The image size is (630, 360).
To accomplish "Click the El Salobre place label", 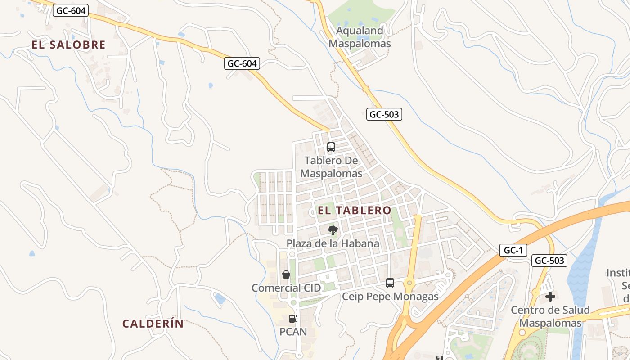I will pos(68,45).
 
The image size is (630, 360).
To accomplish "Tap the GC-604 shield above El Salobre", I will pos(70,10).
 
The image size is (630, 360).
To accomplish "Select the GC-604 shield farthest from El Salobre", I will pos(242,64).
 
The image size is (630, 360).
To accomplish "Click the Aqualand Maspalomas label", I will pos(360,37).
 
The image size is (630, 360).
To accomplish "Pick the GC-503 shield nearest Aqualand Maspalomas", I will pos(384,114).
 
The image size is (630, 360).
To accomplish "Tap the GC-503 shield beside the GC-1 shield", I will pos(549,260).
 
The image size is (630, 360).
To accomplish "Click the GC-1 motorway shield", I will pos(513,250).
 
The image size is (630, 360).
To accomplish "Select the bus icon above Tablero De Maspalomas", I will pos(331,147).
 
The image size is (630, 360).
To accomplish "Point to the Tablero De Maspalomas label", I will pos(331,167).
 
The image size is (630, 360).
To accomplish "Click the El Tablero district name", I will pos(355,210).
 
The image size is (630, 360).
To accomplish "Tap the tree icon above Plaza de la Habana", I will pos(333,231).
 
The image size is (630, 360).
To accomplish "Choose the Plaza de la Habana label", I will pos(333,243).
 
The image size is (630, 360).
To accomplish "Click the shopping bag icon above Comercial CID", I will pos(286,274).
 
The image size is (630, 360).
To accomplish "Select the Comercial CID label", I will pos(286,288).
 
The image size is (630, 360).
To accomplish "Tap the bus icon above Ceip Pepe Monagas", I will pos(390,283).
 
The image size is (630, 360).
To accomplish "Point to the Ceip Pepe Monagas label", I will pos(390,297).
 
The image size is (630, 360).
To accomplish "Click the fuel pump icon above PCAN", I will pos(293,319).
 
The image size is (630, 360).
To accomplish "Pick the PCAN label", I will pos(293,332).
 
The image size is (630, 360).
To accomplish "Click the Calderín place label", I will pos(153,324).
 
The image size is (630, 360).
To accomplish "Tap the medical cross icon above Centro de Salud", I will pos(550,297).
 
